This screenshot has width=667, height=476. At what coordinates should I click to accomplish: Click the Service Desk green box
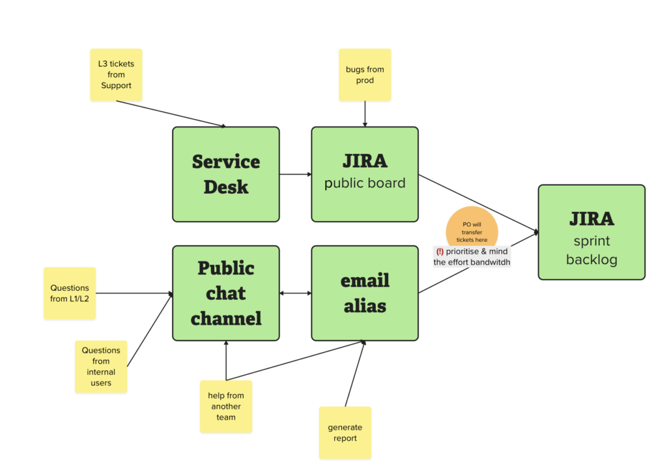pyautogui.click(x=225, y=174)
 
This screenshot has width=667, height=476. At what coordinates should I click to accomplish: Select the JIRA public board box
pyautogui.click(x=365, y=174)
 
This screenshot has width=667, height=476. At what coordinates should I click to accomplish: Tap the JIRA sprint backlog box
pyautogui.click(x=591, y=232)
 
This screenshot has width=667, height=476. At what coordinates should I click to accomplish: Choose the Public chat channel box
pyautogui.click(x=225, y=293)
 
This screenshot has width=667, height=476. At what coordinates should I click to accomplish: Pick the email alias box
pyautogui.click(x=365, y=293)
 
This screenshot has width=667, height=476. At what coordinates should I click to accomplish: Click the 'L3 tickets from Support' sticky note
pyautogui.click(x=116, y=75)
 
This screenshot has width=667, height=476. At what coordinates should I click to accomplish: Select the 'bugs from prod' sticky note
pyautogui.click(x=365, y=75)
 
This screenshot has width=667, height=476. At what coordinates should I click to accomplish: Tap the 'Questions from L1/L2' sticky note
pyautogui.click(x=70, y=293)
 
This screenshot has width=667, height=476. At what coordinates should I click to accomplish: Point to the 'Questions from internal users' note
pyautogui.click(x=101, y=366)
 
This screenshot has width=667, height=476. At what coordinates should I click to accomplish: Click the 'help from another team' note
pyautogui.click(x=225, y=406)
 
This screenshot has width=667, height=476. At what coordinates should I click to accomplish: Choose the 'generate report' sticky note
pyautogui.click(x=345, y=432)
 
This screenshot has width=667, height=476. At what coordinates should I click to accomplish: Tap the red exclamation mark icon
pyautogui.click(x=440, y=252)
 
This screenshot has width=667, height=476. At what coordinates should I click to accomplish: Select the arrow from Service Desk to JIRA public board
pyautogui.click(x=295, y=174)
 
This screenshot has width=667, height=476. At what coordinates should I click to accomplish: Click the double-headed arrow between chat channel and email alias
pyautogui.click(x=295, y=293)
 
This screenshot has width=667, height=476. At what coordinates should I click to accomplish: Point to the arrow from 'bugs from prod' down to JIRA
pyautogui.click(x=365, y=113)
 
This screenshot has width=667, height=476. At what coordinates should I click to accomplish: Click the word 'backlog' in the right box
pyautogui.click(x=591, y=260)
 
